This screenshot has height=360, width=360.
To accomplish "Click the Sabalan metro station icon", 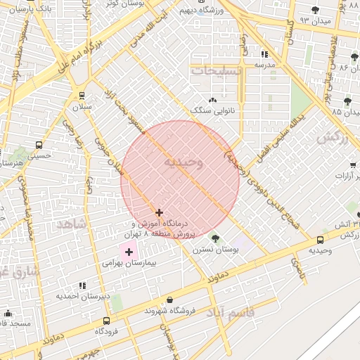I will pyautogui.click(x=82, y=96).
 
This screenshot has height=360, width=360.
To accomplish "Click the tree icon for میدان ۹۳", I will pyautogui.click(x=314, y=10).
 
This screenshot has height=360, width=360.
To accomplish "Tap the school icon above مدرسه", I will pyautogui.click(x=264, y=54).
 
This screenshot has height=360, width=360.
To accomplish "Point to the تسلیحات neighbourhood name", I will pyautogui.click(x=216, y=71).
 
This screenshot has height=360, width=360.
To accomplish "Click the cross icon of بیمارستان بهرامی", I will pyautogui.click(x=129, y=251).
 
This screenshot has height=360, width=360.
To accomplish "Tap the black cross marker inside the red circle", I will pyautogui.click(x=160, y=212).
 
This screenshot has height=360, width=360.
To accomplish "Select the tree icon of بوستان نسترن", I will pyautogui.click(x=215, y=238).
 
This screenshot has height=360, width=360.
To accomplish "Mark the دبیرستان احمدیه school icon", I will pyautogui.click(x=82, y=285).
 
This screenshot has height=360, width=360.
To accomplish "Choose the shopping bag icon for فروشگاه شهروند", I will pyautogui.click(x=169, y=300).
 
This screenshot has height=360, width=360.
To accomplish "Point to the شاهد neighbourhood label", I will pyautogui.click(x=71, y=224).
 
